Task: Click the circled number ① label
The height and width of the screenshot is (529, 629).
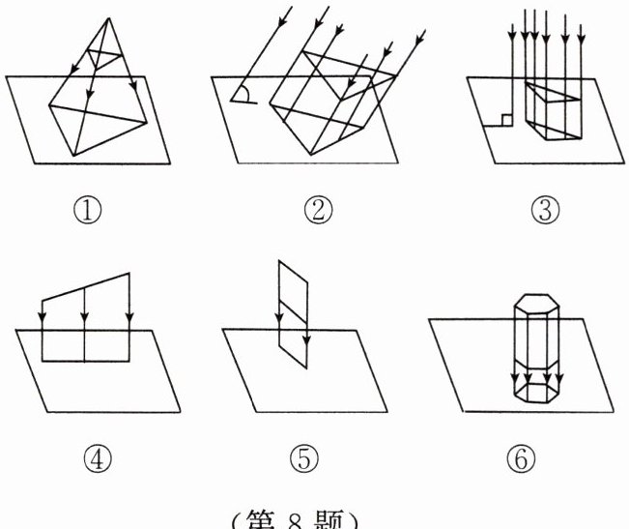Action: [x=93, y=207]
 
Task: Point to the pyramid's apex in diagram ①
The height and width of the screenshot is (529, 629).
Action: [x=104, y=20]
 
